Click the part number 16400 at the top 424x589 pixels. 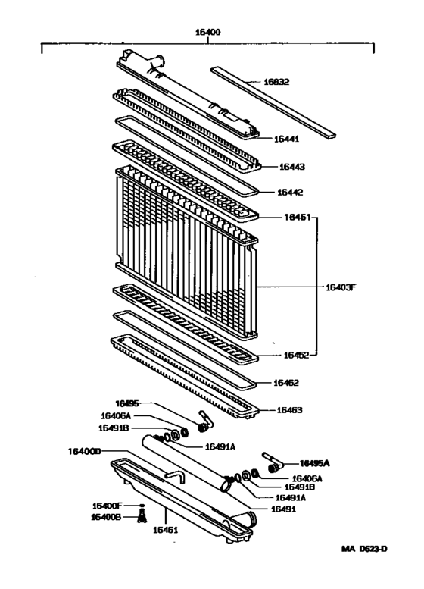(207, 34)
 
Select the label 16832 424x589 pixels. (276, 82)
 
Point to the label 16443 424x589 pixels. (292, 166)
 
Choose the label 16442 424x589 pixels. (291, 193)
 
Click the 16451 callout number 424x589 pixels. (298, 218)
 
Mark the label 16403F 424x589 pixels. (341, 287)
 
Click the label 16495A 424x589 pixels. (316, 462)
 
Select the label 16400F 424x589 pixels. (107, 506)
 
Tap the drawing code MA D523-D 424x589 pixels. (363, 570)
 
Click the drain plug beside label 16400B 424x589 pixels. (140, 518)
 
